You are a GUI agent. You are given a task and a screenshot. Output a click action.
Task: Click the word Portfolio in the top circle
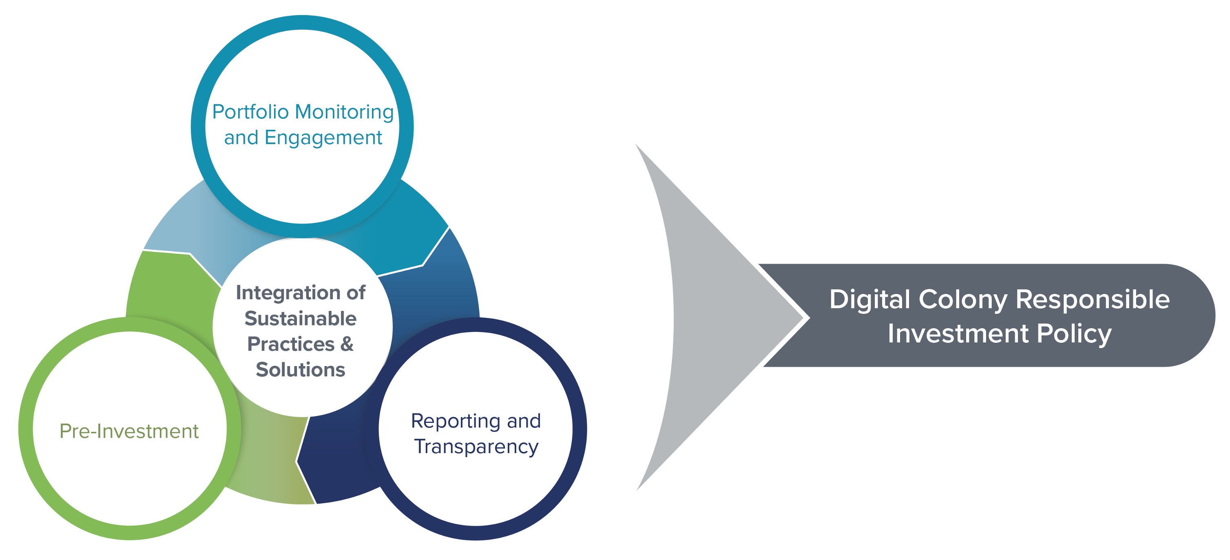(250, 112)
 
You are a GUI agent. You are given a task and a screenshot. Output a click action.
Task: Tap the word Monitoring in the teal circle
(344, 112)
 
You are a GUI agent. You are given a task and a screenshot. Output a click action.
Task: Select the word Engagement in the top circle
(323, 138)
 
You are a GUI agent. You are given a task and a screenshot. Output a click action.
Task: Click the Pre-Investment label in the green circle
(129, 431)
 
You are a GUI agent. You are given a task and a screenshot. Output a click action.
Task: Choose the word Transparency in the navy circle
(476, 447)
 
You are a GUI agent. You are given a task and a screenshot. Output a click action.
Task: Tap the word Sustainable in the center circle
(300, 319)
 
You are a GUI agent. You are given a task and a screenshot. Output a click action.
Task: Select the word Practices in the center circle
(291, 344)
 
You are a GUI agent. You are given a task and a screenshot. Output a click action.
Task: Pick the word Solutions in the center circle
(300, 370)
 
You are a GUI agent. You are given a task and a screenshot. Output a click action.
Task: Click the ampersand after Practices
(347, 344)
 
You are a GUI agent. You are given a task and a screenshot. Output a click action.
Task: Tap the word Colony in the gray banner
(962, 300)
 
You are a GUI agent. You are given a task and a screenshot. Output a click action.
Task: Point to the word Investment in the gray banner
(958, 333)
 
